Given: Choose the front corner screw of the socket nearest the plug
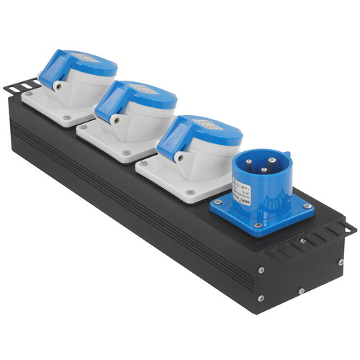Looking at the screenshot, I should (x=191, y=192).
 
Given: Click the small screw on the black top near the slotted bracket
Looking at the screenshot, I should (x=303, y=240).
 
